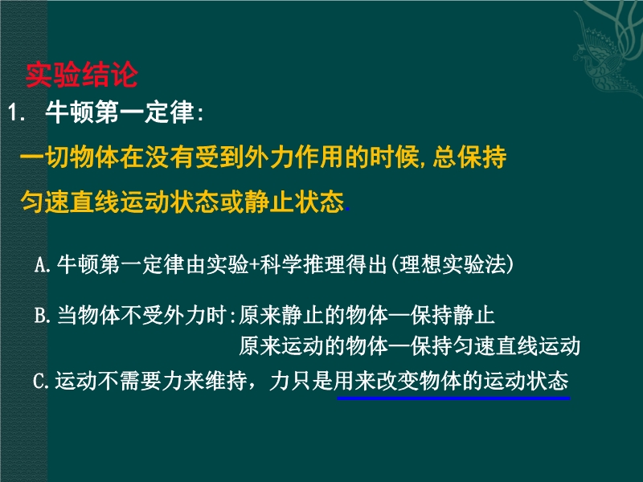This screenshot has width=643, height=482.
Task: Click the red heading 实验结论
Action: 82,75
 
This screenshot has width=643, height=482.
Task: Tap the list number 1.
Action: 16,112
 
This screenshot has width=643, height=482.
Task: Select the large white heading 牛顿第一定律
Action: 119,112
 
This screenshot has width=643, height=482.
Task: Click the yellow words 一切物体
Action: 70,157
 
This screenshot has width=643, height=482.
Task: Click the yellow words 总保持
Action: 470,157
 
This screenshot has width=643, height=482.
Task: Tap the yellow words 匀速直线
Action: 70,202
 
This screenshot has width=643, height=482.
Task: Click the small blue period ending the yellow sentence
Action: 348,209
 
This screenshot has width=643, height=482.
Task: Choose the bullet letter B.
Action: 42,315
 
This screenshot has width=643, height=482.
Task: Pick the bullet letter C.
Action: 40,381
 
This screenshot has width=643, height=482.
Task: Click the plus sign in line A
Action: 254,265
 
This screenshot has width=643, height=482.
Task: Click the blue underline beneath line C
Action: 453,398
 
